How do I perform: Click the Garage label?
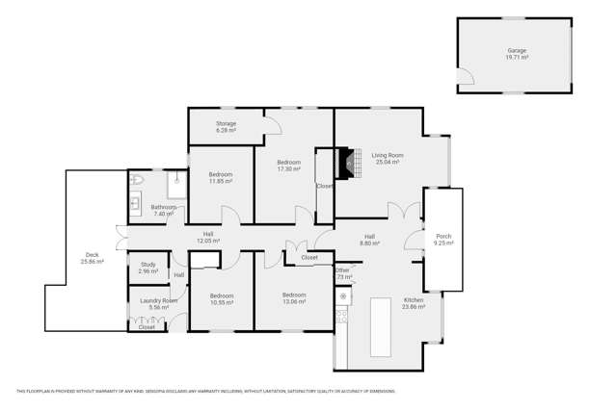pos(517,53)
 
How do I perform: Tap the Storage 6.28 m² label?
pos(226,126)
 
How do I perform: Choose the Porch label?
pos(443,240)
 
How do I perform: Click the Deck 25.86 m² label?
pos(92,258)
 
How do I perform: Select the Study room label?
pos(147,268)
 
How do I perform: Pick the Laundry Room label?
pos(158,303)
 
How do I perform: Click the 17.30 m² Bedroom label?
pos(289,166)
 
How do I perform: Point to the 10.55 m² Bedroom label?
pos(222,299)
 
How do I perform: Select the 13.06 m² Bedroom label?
pos(293,298)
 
